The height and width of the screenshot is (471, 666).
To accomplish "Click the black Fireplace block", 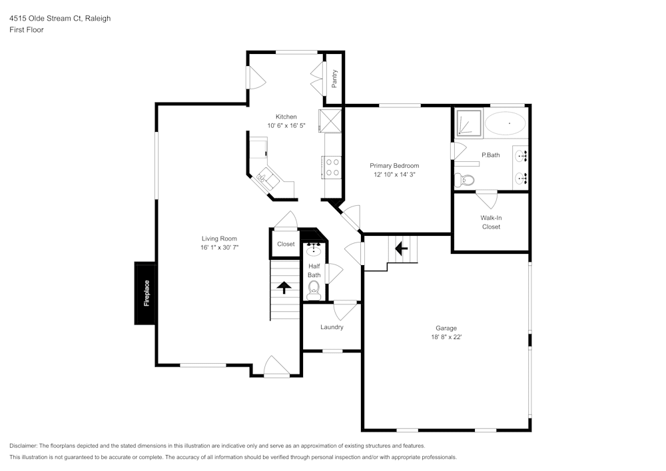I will pyautogui.click(x=145, y=293).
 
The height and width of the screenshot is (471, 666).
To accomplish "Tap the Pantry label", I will pyautogui.click(x=335, y=79).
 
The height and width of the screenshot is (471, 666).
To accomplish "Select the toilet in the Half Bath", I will pyautogui.click(x=314, y=288).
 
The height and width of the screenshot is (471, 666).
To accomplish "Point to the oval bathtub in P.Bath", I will pyautogui.click(x=505, y=124).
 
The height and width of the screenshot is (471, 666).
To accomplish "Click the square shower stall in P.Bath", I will pyautogui.click(x=468, y=123).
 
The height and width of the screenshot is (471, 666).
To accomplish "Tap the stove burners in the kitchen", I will pyautogui.click(x=332, y=167).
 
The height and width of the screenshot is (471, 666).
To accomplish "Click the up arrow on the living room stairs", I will pyautogui.click(x=284, y=287).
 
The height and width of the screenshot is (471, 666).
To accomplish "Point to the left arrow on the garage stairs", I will pyautogui.click(x=401, y=248).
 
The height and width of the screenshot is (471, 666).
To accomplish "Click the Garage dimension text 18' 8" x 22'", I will pyautogui.click(x=446, y=337).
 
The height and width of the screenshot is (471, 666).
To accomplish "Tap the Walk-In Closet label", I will pyautogui.click(x=491, y=222).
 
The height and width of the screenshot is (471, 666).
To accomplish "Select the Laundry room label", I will pyautogui.click(x=332, y=327).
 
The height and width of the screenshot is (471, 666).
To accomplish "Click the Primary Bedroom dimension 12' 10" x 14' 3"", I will pyautogui.click(x=394, y=175).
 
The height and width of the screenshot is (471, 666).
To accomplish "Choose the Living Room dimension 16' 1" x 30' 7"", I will pyautogui.click(x=219, y=247).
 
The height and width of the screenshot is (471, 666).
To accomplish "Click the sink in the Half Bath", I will pyautogui.click(x=314, y=251).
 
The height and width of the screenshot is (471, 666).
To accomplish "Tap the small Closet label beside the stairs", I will pyautogui.click(x=286, y=244).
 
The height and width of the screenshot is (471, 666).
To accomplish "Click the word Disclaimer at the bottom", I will pyautogui.click(x=23, y=446).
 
